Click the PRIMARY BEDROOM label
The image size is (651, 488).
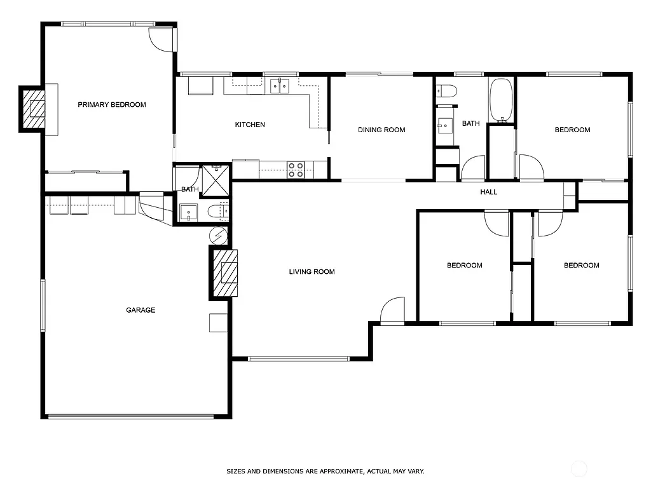pos(112,105)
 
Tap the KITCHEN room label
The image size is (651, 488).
pos(250,125)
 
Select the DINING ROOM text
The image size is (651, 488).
pos(381,130)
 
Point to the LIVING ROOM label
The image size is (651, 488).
pos(312,272)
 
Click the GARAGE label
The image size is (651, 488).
pos(140,310)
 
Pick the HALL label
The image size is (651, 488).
pos(489,192)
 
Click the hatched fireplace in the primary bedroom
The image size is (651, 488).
pos(34,109)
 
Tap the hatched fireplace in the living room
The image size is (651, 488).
pos(226,272)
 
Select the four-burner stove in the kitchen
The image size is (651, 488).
pos(296,170)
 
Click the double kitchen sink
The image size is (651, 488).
pos(280,85)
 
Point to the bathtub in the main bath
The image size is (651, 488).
pos(501,100)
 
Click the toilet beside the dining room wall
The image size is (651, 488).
pos(446,91)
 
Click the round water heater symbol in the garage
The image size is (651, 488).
pos(218,236)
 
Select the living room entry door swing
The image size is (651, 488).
pos(393,311)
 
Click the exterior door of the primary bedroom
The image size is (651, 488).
pos(163,39)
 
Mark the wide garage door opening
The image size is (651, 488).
pos(131,417)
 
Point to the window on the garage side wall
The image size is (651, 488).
pos(43,306)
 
